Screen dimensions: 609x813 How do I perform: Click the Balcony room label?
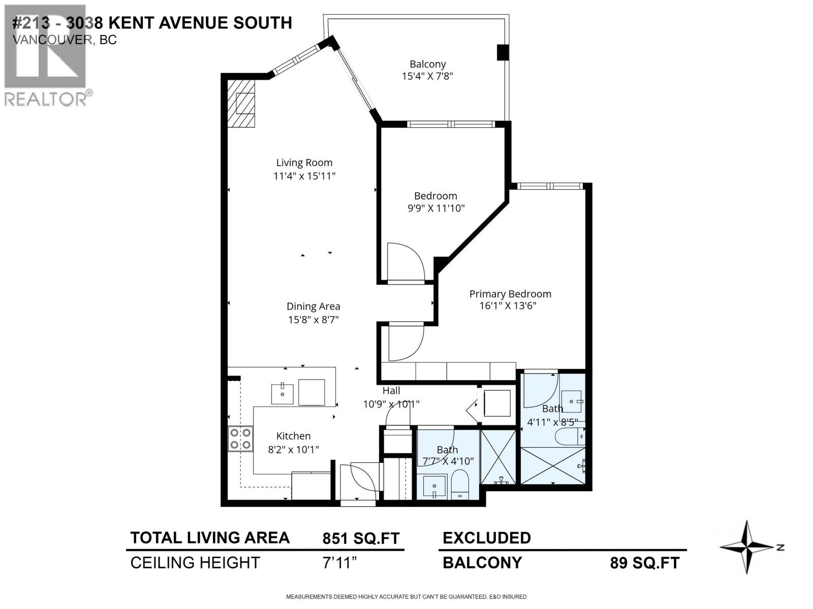click(427, 64)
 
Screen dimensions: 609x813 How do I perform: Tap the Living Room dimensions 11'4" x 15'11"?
click(304, 176)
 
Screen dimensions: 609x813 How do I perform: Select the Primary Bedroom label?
click(510, 294)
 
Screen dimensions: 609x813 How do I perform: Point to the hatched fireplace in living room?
click(241, 104)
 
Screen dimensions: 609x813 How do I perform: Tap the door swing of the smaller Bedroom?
click(405, 261)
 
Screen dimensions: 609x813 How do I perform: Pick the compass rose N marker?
click(780, 547)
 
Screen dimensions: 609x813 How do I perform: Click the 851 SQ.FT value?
click(361, 538)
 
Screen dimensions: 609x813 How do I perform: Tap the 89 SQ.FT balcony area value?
click(644, 563)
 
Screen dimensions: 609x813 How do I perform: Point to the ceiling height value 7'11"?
click(340, 563)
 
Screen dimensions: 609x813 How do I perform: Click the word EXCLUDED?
click(486, 538)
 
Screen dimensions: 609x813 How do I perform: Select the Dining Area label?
click(313, 307)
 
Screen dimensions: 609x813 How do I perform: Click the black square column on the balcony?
click(502, 52)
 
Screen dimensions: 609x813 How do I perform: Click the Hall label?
click(391, 390)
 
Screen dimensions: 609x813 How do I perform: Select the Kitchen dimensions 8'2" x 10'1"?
click(293, 449)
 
